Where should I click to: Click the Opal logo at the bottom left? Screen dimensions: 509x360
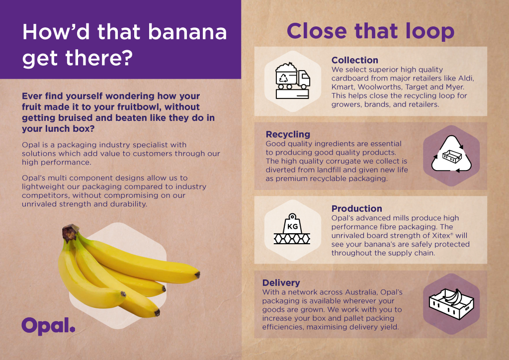[48, 326]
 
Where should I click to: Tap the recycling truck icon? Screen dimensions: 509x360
[292, 81]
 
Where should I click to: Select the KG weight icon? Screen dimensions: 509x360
[292, 229]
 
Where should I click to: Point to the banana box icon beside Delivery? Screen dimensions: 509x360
[451, 304]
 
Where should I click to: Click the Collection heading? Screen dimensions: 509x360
[355, 60]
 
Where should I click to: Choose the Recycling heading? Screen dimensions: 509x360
[288, 134]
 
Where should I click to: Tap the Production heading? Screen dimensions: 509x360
[357, 208]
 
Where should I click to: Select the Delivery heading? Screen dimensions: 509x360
[281, 283]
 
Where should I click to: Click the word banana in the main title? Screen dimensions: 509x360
[187, 32]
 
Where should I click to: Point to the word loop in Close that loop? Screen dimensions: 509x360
[430, 31]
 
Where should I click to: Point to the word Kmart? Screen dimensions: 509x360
[342, 87]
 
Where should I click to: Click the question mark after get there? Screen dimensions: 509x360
[127, 58]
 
